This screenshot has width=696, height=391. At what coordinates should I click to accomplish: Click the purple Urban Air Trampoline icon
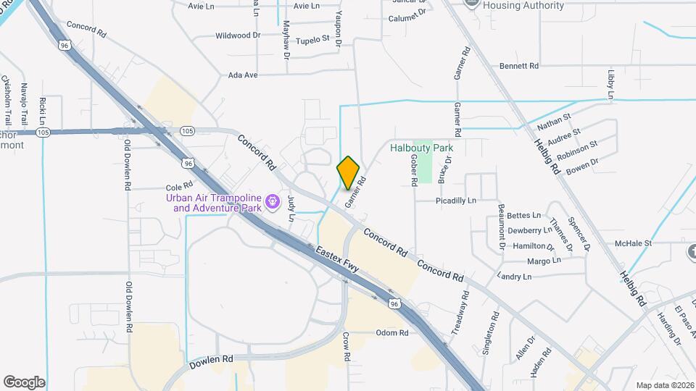273,201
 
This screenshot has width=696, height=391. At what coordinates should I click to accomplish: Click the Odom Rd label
392,333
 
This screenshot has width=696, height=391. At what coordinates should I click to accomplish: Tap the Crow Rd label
347,347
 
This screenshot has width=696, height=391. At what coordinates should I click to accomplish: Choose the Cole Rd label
178,186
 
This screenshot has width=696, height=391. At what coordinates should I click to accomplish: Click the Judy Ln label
291,208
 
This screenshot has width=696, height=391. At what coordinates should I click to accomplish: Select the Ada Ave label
243,75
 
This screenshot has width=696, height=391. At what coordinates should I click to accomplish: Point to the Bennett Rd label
519,66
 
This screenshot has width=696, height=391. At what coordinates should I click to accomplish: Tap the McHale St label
634,243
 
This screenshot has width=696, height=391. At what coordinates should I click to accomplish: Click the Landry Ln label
515,277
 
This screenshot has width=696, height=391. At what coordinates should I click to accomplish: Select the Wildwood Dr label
238,35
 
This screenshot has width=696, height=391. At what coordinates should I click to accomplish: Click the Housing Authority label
523,6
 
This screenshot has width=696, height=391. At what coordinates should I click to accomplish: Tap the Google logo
24,382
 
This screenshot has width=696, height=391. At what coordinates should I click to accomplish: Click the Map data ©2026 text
664,384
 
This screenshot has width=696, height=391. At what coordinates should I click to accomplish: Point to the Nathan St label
554,120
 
